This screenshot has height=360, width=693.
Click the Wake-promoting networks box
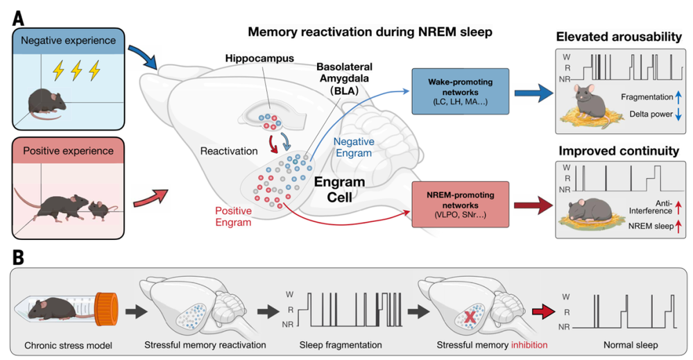tap(460, 92)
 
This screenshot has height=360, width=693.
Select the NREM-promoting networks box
tap(460, 205)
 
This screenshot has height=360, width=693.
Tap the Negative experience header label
tap(69, 41)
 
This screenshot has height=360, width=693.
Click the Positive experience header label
tap(69, 151)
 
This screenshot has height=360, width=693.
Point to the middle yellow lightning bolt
tap(76, 71)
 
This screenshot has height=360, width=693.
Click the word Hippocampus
tap(259, 58)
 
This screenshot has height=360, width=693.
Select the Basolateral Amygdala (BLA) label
tap(344, 78)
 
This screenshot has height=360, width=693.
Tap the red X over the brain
tap(470, 316)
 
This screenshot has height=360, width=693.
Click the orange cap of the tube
tap(107, 308)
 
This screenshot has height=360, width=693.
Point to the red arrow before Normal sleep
tap(543, 312)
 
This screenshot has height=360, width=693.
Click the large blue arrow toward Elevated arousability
tap(533, 93)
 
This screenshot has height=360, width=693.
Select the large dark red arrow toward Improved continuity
tap(533, 205)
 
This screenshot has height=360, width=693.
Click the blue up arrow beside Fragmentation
tap(678, 97)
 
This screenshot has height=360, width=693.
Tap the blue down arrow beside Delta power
tap(678, 114)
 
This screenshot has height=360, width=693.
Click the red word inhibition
tap(529, 345)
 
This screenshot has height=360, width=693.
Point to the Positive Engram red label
tap(233, 216)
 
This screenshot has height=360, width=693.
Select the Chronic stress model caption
tap(68, 345)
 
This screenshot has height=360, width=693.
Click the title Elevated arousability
tap(619, 37)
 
